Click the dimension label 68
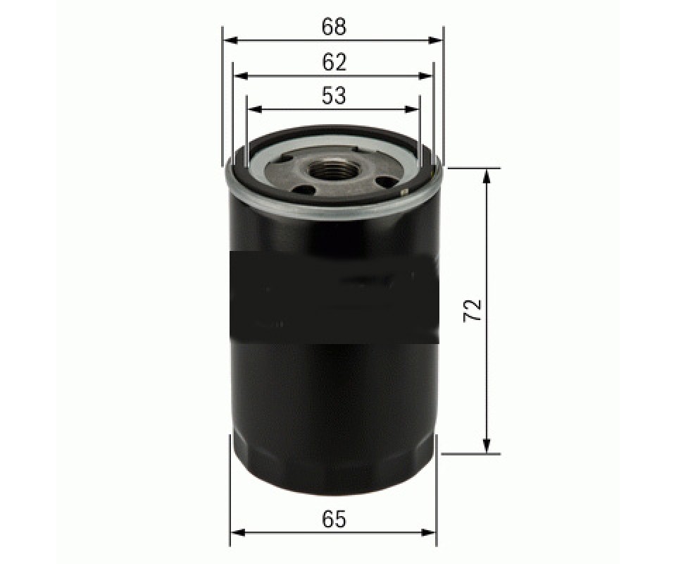point(334,27)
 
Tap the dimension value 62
point(334,63)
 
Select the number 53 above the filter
point(334,96)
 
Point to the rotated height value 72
point(473,309)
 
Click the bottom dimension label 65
point(334,519)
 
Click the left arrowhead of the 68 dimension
point(232,41)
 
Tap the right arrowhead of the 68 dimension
point(435,41)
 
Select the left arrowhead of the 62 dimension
point(242,76)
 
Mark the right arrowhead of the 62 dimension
point(425,76)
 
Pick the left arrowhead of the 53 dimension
point(255,109)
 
